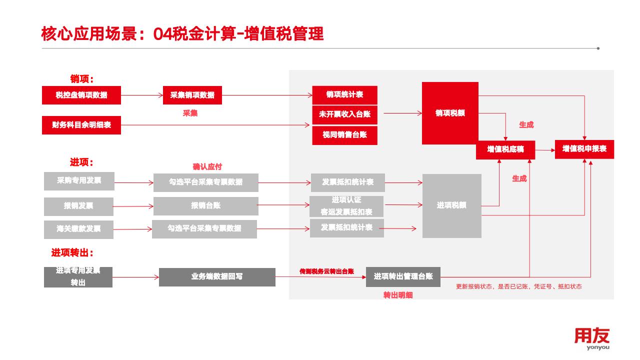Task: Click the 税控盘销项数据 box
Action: (81, 95)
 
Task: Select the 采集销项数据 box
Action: (192, 95)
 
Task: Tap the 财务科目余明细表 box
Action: (81, 125)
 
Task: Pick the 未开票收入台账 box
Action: (344, 114)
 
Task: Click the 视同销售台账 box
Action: (344, 135)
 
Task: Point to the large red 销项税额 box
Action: (450, 113)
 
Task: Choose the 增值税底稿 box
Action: (505, 149)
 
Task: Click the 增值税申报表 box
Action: (584, 149)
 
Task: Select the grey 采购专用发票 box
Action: (79, 181)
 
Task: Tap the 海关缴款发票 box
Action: (78, 229)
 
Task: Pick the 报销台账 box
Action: (205, 206)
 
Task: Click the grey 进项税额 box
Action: (451, 205)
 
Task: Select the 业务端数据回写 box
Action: (217, 277)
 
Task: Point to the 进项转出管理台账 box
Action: (403, 277)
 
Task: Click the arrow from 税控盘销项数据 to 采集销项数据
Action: (142, 95)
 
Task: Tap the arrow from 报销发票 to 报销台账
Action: (133, 206)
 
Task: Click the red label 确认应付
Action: (207, 167)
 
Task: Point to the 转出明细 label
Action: (398, 295)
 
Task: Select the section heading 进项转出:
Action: (72, 253)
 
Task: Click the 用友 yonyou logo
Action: (592, 338)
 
